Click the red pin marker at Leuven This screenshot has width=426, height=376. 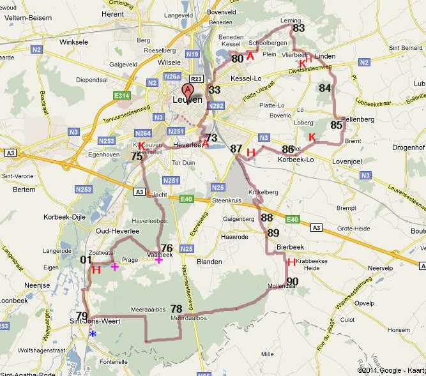(x=188, y=90)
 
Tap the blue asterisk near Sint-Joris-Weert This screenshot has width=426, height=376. (x=93, y=334)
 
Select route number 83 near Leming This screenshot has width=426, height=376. (x=298, y=28)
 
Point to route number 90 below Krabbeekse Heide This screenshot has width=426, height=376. (x=293, y=282)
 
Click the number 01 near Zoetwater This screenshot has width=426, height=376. (x=86, y=260)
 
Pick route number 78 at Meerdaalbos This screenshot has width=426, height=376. (x=177, y=309)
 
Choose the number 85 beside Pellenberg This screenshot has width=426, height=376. (x=337, y=125)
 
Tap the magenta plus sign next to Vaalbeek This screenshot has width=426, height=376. (x=159, y=259)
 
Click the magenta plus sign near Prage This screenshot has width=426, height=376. (x=115, y=266)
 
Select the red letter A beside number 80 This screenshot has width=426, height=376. (x=250, y=57)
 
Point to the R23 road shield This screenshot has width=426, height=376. (x=197, y=79)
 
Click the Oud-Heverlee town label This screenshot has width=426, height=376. (x=114, y=231)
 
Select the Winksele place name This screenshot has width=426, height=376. (x=73, y=43)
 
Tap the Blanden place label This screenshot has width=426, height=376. (x=209, y=262)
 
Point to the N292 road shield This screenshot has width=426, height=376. (x=216, y=106)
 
